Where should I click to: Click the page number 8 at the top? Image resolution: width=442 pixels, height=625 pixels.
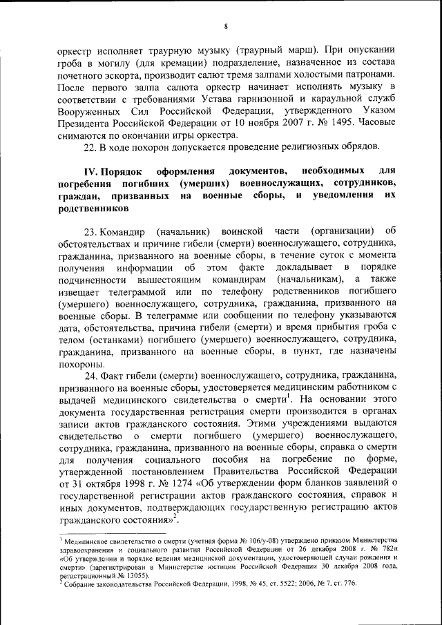226,26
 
